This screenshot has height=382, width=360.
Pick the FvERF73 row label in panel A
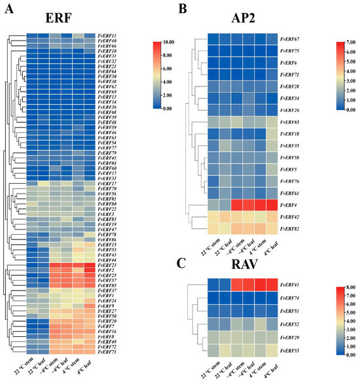coord(107,351)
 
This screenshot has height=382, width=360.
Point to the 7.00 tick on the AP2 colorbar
coord(344,43)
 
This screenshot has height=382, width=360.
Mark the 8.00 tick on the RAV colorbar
coord(344,286)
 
